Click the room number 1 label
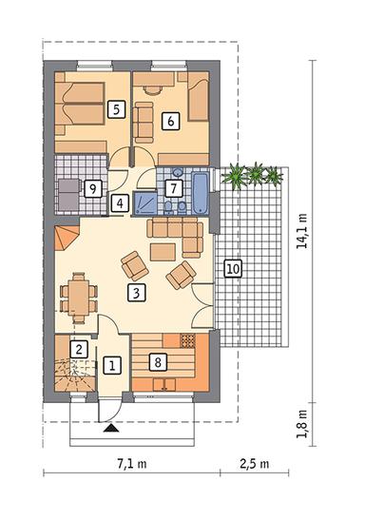point(112,363)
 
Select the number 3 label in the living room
point(138,293)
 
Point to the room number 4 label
point(120,202)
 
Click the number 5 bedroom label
point(117,109)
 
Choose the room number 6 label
point(170,121)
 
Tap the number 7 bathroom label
point(173,187)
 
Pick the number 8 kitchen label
point(159,361)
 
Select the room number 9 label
point(92,188)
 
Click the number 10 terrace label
point(232,269)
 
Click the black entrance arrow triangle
point(112,429)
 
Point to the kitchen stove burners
point(187,339)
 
